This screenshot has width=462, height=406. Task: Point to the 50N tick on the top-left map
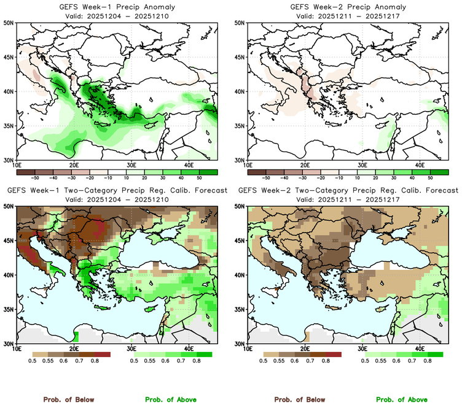tap(10, 23)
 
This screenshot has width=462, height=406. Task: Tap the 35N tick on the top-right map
tap(241, 126)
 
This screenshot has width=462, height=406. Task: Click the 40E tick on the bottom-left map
tap(188, 348)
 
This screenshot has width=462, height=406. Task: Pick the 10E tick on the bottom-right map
tap(248, 348)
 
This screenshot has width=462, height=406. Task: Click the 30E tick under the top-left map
tap(131, 165)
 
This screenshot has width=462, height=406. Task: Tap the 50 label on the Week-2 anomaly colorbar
tap(429, 177)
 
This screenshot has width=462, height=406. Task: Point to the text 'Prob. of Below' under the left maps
tap(69, 399)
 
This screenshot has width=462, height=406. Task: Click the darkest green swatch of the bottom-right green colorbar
tap(436, 354)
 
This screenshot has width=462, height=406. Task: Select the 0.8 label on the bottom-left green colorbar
tap(196, 362)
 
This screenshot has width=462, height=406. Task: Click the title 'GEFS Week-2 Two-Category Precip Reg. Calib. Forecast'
tap(347, 191)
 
